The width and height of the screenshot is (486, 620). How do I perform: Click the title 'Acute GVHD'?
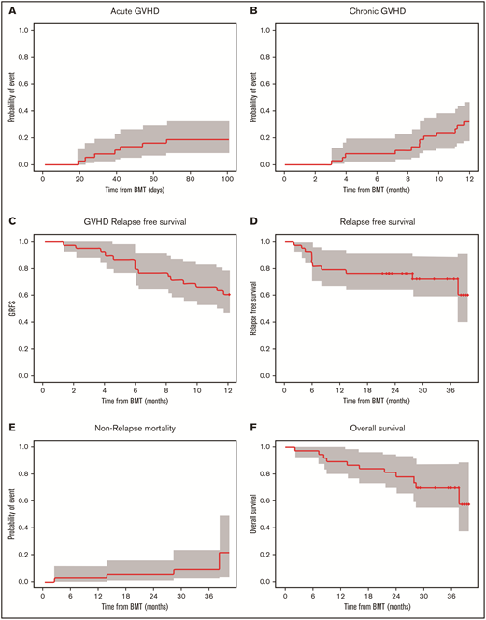coord(136,11)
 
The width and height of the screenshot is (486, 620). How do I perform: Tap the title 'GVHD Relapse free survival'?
coord(136,222)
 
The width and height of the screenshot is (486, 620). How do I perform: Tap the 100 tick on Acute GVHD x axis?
coord(227,178)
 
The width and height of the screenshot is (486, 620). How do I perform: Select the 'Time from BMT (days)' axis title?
coord(136,190)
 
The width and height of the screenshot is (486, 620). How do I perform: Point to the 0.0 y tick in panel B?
coord(267,164)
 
